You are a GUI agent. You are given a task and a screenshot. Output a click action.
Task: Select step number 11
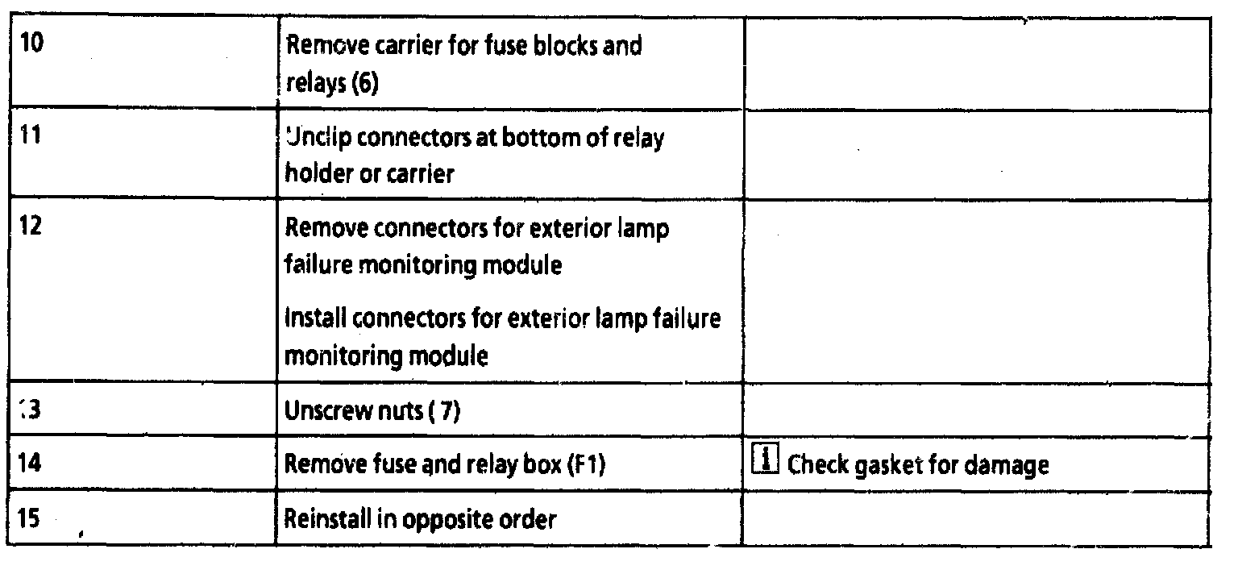point(30,134)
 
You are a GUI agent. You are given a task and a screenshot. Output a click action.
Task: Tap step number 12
point(31,225)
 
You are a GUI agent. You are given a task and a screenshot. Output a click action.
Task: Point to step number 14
point(30,464)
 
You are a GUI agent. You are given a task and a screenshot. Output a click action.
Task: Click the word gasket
point(885,466)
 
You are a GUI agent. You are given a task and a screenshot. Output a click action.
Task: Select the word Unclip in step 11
point(317,138)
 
